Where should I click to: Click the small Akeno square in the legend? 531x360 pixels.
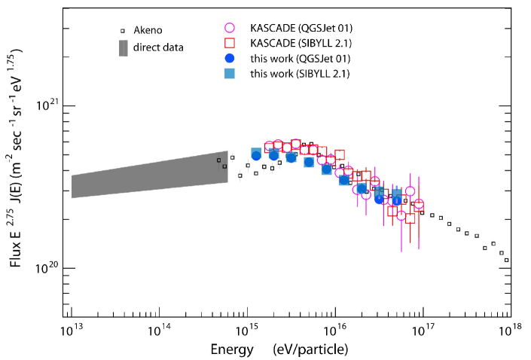tap(121, 31)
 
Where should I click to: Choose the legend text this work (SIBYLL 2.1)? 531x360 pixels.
tap(301, 73)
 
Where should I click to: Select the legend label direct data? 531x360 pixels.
tap(158, 48)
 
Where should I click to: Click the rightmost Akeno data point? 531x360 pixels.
tap(507, 260)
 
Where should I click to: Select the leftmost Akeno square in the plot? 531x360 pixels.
tap(219, 160)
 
